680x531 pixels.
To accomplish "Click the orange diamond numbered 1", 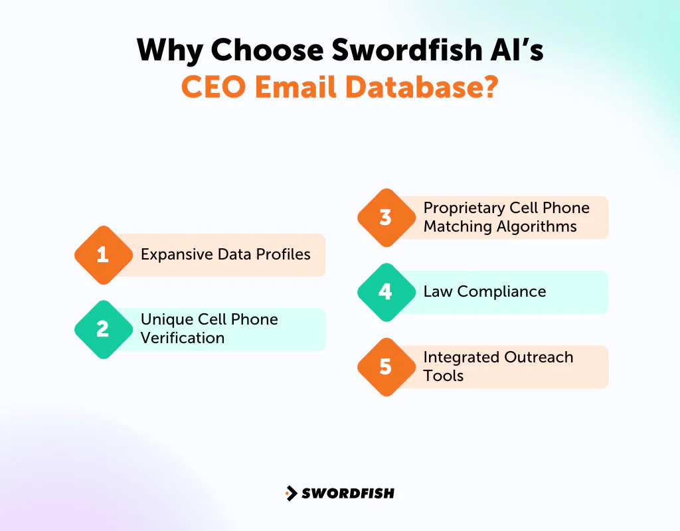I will point(102,255).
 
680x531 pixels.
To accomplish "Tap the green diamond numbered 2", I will point(102,329).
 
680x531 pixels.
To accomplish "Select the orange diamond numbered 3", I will point(386,217).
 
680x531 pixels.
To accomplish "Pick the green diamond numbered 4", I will point(386,292).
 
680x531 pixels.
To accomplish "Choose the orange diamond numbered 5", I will point(386,367).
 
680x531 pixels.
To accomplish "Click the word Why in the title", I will point(170,51).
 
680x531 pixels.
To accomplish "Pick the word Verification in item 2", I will point(183,338).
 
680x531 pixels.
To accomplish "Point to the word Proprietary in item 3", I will point(464,208).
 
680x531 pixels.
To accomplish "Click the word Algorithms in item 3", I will point(539,226).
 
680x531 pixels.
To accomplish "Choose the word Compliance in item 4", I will point(502,291).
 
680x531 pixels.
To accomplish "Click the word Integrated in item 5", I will point(460,357).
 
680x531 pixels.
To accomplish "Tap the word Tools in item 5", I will point(444,376).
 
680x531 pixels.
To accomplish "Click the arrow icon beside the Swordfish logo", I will point(291,493).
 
